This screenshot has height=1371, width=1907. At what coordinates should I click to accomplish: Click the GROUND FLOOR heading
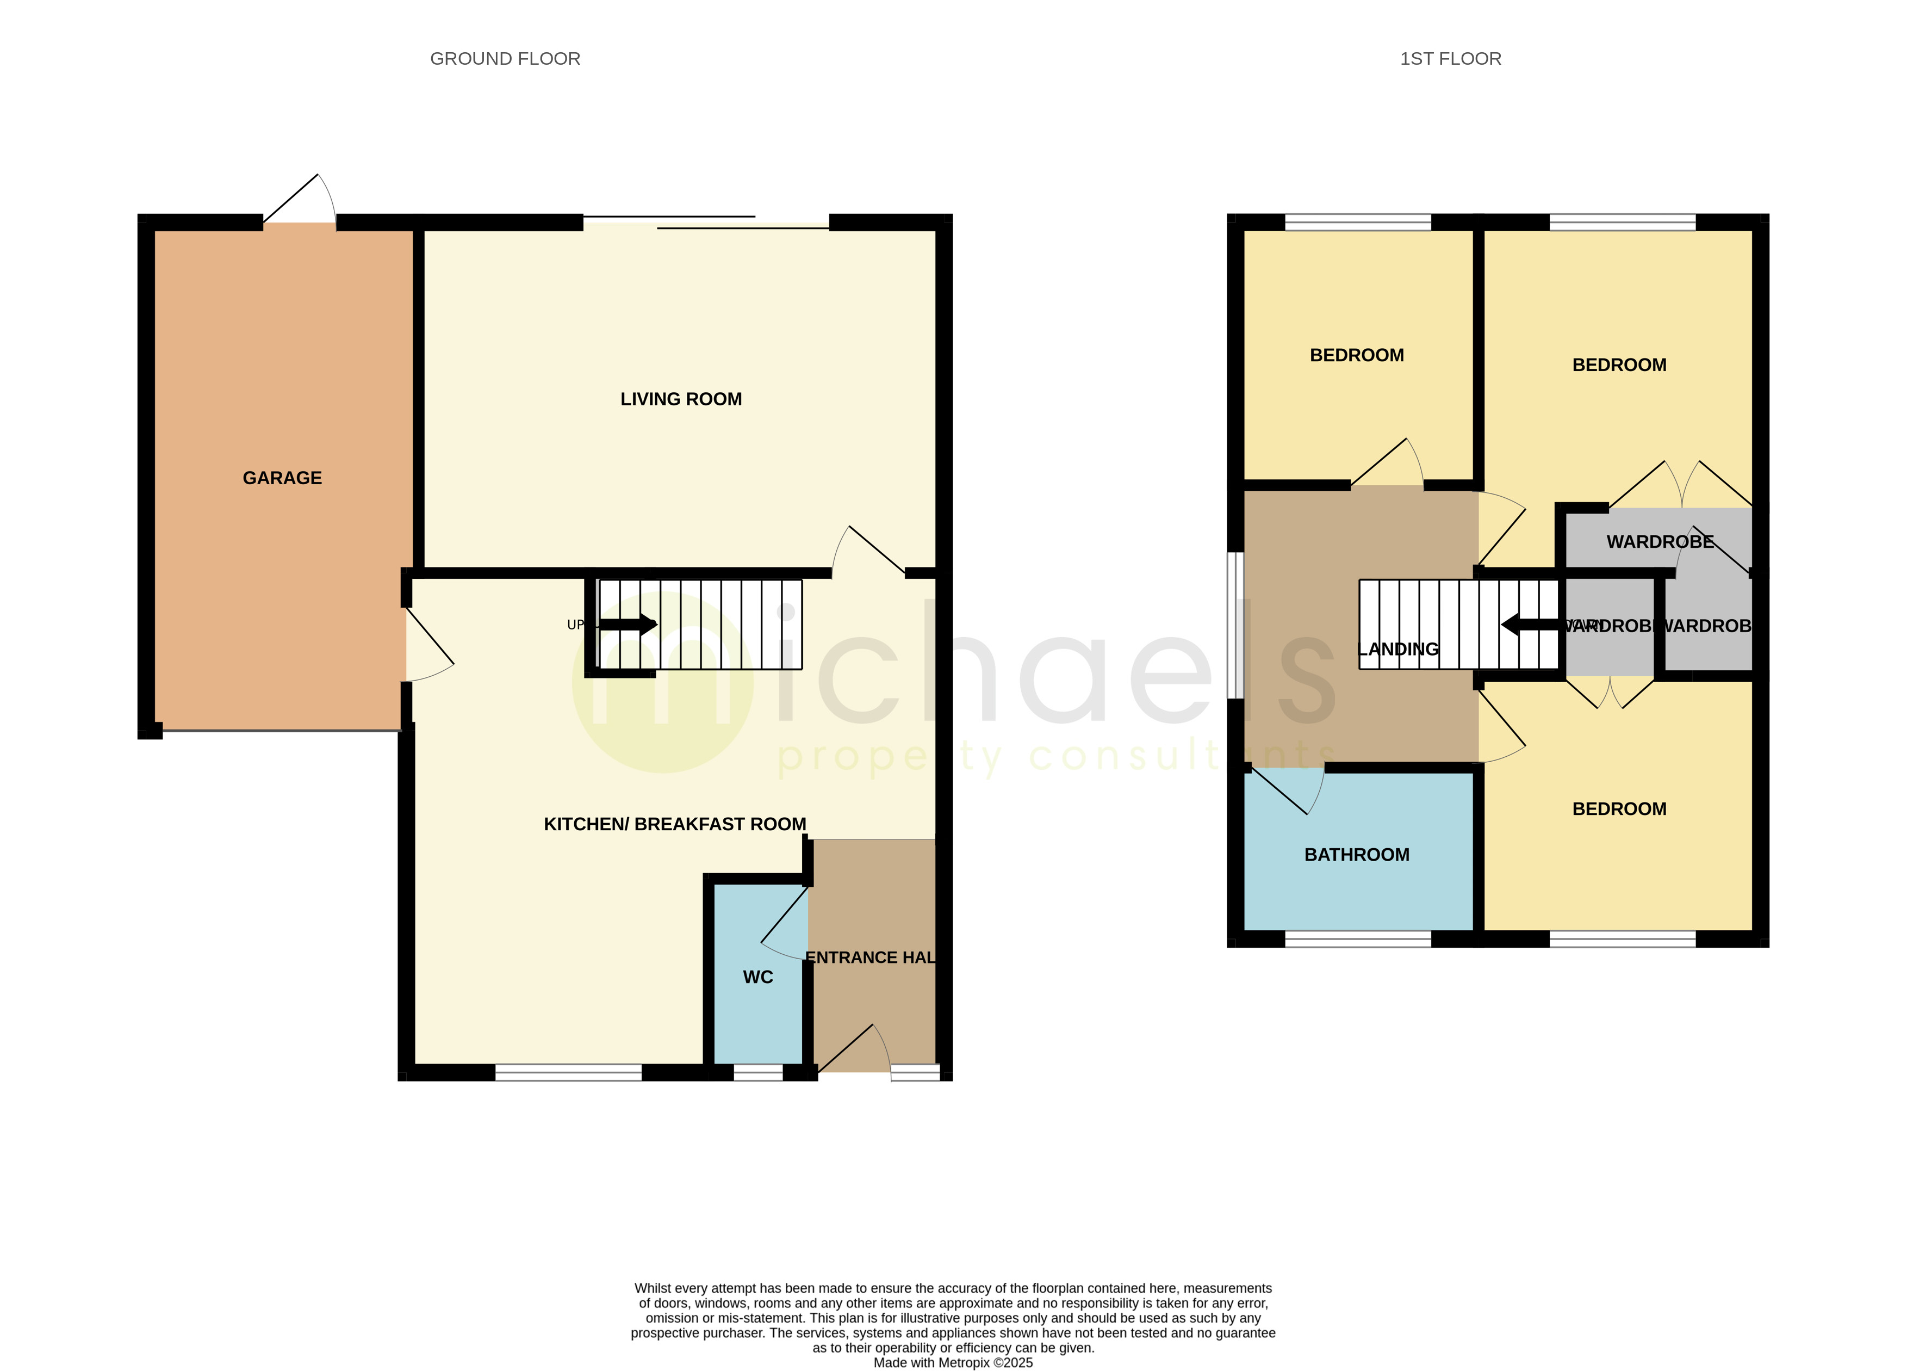505,59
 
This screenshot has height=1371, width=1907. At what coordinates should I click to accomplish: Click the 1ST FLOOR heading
1450,59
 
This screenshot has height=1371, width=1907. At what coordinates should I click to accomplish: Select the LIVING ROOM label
680,399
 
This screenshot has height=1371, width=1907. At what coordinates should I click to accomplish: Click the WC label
757,977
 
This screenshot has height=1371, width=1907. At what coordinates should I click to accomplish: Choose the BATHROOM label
1356,855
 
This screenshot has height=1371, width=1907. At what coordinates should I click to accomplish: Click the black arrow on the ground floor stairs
626,624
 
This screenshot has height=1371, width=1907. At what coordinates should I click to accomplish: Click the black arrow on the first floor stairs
1530,624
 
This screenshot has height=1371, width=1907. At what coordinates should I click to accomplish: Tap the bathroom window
1357,938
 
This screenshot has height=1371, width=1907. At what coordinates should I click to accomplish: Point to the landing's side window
1235,625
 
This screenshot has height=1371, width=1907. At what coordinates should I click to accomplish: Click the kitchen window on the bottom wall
568,1072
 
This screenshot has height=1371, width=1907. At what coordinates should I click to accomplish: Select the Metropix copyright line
953,1363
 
